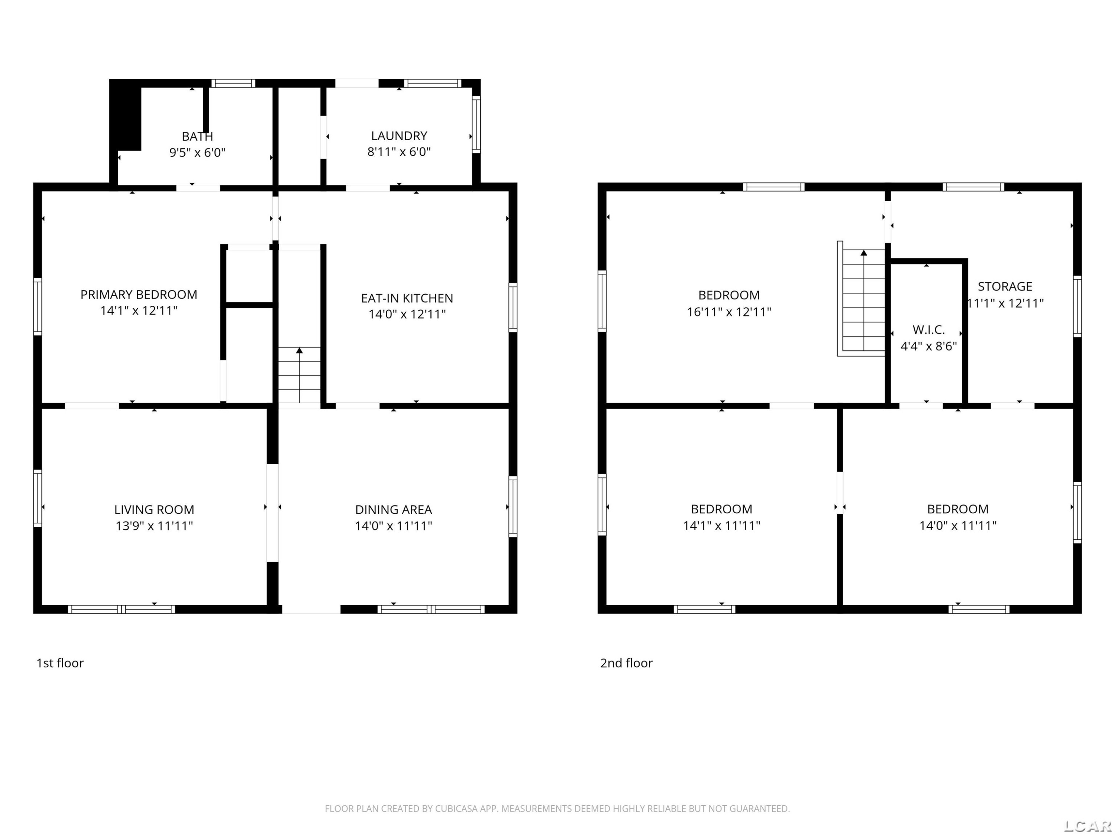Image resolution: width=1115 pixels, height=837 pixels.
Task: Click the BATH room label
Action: pyautogui.click(x=197, y=136)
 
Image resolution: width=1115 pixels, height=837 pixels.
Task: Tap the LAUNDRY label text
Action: pyautogui.click(x=399, y=136)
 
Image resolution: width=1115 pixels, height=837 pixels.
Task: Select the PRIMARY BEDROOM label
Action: pyautogui.click(x=139, y=295)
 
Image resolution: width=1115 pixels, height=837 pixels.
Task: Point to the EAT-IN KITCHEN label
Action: pyautogui.click(x=407, y=298)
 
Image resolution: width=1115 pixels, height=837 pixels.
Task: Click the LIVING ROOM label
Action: pyautogui.click(x=154, y=510)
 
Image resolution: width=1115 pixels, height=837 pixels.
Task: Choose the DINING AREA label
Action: pyautogui.click(x=393, y=510)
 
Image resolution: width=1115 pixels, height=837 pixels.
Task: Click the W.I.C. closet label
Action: pyautogui.click(x=928, y=330)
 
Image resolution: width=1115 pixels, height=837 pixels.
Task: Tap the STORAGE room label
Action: pyautogui.click(x=1005, y=286)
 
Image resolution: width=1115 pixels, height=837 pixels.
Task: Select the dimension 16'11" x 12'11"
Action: pyautogui.click(x=729, y=312)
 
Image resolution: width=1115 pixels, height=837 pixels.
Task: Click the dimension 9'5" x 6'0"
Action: pyautogui.click(x=197, y=153)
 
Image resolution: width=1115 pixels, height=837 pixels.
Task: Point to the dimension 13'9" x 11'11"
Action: pyautogui.click(x=154, y=526)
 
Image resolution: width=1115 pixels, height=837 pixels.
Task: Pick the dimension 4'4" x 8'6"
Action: pyautogui.click(x=928, y=346)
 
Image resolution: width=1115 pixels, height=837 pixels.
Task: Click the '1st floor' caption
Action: pyautogui.click(x=60, y=663)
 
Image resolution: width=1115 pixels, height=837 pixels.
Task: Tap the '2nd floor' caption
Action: pyautogui.click(x=626, y=663)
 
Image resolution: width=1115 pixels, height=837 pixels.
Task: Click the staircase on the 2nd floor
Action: pyautogui.click(x=862, y=299)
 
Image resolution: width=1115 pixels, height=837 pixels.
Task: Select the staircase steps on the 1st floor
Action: pyautogui.click(x=300, y=375)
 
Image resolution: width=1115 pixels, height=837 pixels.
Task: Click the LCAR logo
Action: pyautogui.click(x=1087, y=826)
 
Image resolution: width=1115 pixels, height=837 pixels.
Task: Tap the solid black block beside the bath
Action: pyautogui.click(x=126, y=115)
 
